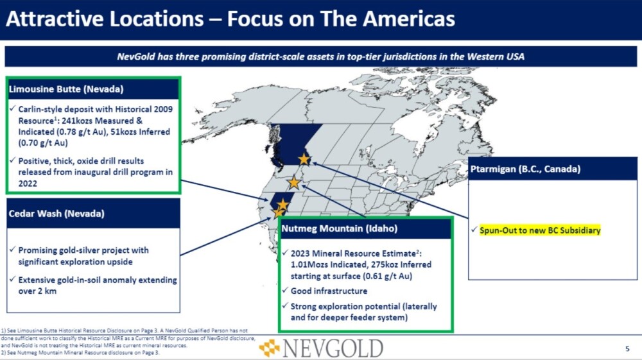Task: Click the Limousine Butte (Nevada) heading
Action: pyautogui.click(x=66, y=89)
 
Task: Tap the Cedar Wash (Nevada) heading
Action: pyautogui.click(x=56, y=214)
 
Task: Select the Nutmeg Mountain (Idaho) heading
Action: pyautogui.click(x=340, y=228)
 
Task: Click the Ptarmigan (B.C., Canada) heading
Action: pyautogui.click(x=525, y=169)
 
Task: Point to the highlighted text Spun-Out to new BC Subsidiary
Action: pyautogui.click(x=540, y=230)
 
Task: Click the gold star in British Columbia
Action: pyautogui.click(x=304, y=159)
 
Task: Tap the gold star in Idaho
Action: pyautogui.click(x=293, y=182)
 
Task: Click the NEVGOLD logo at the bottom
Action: pyautogui.click(x=322, y=348)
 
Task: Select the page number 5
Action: pyautogui.click(x=627, y=348)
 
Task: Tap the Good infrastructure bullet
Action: pyautogui.click(x=329, y=291)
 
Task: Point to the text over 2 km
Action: pyautogui.click(x=37, y=291)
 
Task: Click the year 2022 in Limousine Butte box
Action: pyautogui.click(x=28, y=184)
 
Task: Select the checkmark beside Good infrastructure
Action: pyautogui.click(x=285, y=291)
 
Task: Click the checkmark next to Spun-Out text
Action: pyautogui.click(x=474, y=230)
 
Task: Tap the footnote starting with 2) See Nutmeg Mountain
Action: pyautogui.click(x=80, y=353)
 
